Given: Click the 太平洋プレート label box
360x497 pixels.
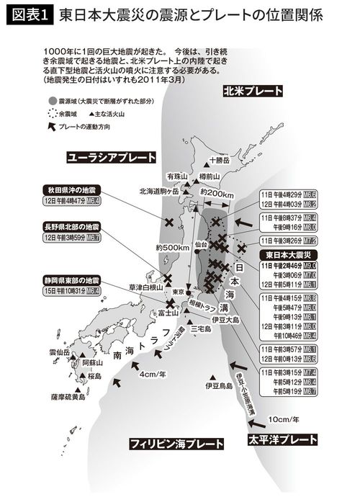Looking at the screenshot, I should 283,439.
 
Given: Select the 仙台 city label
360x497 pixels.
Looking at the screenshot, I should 201,245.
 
